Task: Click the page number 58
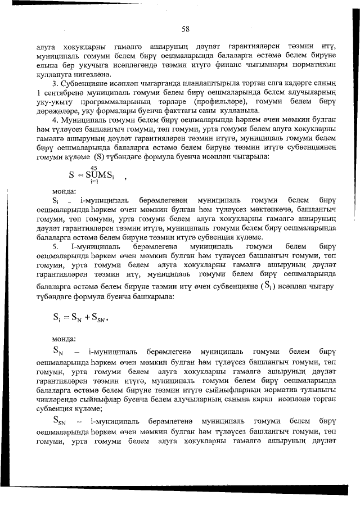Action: (185, 29)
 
